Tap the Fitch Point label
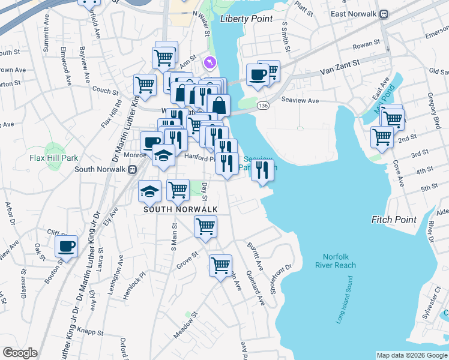pos(394,220)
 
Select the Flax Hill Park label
pos(54,158)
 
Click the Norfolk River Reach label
pos(336,260)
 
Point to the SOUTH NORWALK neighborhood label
pos(180,209)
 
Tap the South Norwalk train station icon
pos(131,169)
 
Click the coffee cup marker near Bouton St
pos(67,246)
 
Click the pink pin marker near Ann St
pos(209,62)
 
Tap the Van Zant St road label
pos(340,62)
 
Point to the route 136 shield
pos(262,106)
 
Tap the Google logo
pos(20,353)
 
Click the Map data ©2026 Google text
pos(412,355)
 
